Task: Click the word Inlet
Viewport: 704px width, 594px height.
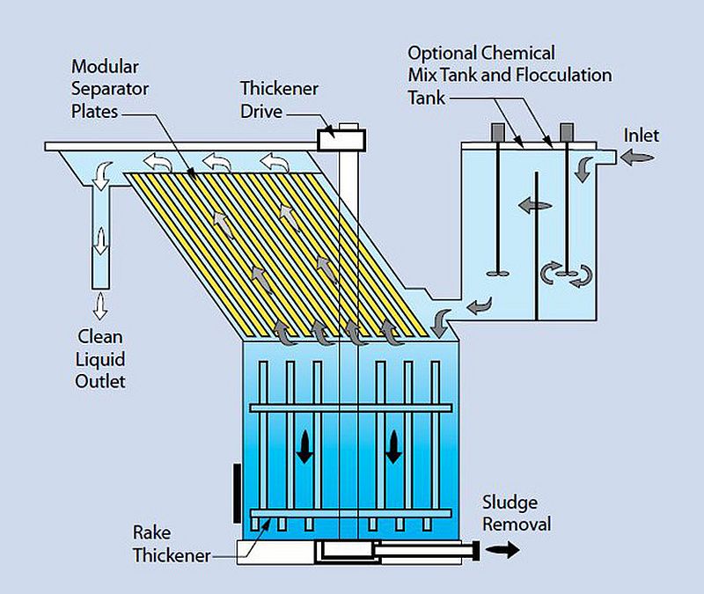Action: pyautogui.click(x=642, y=136)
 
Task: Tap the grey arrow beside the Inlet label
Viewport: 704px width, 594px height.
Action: pyautogui.click(x=636, y=158)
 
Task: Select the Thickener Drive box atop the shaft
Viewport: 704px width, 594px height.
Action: pyautogui.click(x=341, y=140)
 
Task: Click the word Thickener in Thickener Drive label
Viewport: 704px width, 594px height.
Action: pyautogui.click(x=279, y=89)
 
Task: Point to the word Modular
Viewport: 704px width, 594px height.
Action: pyautogui.click(x=105, y=67)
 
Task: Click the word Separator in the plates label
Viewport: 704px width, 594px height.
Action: pyautogui.click(x=110, y=89)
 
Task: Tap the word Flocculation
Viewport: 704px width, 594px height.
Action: pyautogui.click(x=563, y=75)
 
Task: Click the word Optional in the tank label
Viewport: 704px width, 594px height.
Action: pyautogui.click(x=442, y=54)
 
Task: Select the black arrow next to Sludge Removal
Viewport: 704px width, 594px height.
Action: pyautogui.click(x=502, y=549)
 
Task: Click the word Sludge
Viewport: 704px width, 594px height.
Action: pyautogui.click(x=510, y=502)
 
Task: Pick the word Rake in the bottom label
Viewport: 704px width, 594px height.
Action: pyautogui.click(x=151, y=533)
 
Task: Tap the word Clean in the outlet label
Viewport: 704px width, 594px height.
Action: pyautogui.click(x=100, y=337)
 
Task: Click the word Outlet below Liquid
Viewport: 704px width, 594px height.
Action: pyautogui.click(x=100, y=382)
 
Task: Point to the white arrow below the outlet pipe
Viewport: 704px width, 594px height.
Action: pyautogui.click(x=100, y=305)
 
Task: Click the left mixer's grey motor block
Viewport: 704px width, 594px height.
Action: pyautogui.click(x=498, y=131)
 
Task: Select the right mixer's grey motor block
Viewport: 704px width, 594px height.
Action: pyautogui.click(x=567, y=131)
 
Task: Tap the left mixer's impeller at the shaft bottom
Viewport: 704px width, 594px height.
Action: pyautogui.click(x=498, y=273)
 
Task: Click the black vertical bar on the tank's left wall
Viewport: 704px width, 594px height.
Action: pyautogui.click(x=237, y=494)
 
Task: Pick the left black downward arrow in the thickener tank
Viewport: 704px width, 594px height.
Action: pyautogui.click(x=304, y=447)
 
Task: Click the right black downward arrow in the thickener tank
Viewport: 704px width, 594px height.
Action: pyautogui.click(x=393, y=447)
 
